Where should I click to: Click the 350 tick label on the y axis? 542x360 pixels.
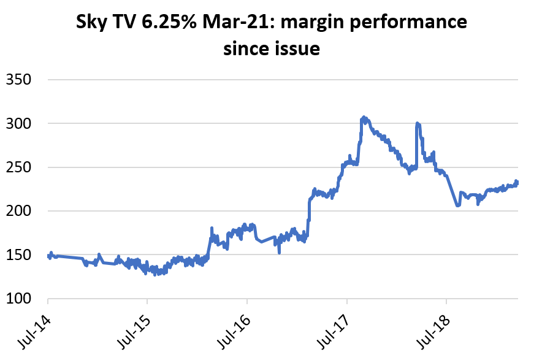click(20, 80)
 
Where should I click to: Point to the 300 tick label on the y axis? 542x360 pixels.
click(20, 123)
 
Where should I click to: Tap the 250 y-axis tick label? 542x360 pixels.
click(20, 167)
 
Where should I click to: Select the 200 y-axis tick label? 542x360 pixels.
click(20, 211)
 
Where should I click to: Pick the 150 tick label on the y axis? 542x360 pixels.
click(20, 255)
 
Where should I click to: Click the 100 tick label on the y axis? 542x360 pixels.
click(20, 299)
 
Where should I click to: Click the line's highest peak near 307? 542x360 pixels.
click(364, 117)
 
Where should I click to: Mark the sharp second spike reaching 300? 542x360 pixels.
click(417, 123)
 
